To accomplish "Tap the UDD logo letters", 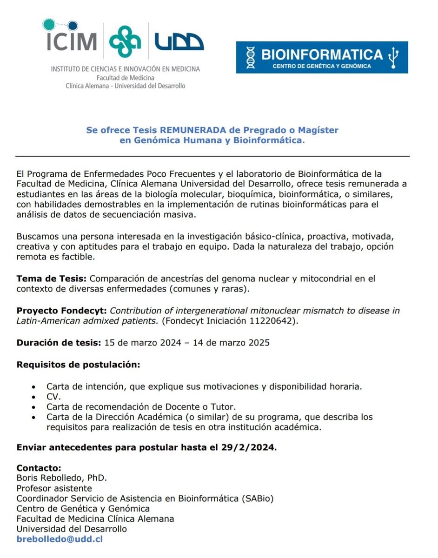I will click(179, 42).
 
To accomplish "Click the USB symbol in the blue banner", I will click(394, 56).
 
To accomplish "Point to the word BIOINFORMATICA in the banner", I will click(322, 54).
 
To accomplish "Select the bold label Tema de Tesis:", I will click(52, 279).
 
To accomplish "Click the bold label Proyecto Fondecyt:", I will click(61, 311).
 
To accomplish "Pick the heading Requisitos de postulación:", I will click(78, 364).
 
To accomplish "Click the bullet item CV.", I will click(53, 397).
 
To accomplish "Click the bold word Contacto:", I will click(39, 468).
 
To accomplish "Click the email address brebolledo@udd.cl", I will click(60, 539).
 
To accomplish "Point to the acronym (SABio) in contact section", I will click(257, 498).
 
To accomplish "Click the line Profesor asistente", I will click(54, 488).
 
